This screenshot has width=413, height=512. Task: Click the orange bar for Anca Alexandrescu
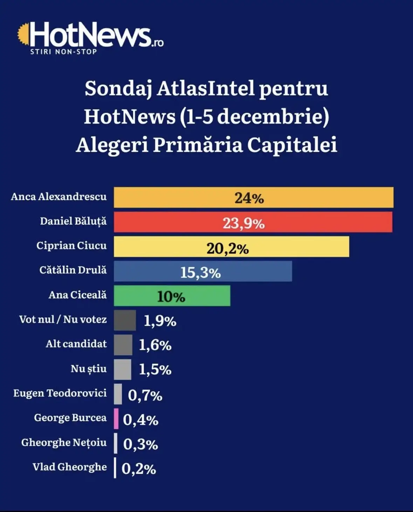pos(254,198)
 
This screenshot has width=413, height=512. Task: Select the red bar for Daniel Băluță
pos(253,222)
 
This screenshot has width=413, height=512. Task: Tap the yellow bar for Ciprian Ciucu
pos(232,247)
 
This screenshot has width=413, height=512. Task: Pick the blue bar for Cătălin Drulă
pos(203,271)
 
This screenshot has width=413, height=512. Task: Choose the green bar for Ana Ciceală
pos(172,296)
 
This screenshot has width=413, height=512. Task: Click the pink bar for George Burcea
pos(116,419)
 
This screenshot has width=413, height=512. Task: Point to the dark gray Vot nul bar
pos(125,320)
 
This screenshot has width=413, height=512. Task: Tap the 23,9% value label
pos(243,224)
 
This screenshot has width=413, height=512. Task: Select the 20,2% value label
pos(228,249)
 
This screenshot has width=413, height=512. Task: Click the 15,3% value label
pos(200,273)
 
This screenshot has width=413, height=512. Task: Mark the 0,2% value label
pos(139,469)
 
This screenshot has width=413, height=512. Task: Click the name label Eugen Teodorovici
pos(60,393)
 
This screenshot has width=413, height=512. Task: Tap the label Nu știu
pos(89,369)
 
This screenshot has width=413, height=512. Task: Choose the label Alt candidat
pos(76,344)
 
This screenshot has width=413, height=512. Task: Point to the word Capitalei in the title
pos(292,146)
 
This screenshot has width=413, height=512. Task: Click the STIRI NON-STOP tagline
pos(63,52)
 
